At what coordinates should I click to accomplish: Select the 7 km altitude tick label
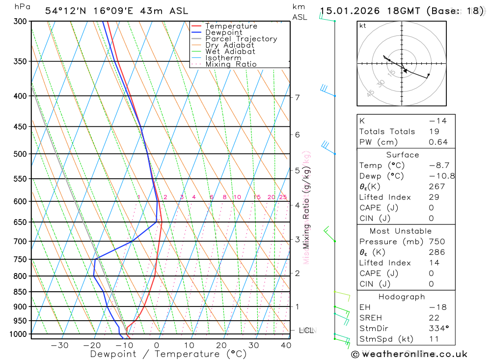pos(298,97)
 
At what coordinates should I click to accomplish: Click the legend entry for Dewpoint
pos(223,32)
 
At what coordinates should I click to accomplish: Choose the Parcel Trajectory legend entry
pos(241,39)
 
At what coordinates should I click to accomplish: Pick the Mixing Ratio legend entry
pos(231,64)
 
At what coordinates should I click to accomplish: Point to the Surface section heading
pos(403,155)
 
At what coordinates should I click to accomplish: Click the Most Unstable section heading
pos(401,231)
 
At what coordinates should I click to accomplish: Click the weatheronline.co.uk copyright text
pos(409,354)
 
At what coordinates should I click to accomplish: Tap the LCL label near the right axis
pos(306,331)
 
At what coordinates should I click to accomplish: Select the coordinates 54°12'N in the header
pos(63,11)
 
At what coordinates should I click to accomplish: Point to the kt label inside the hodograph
pos(363,26)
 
